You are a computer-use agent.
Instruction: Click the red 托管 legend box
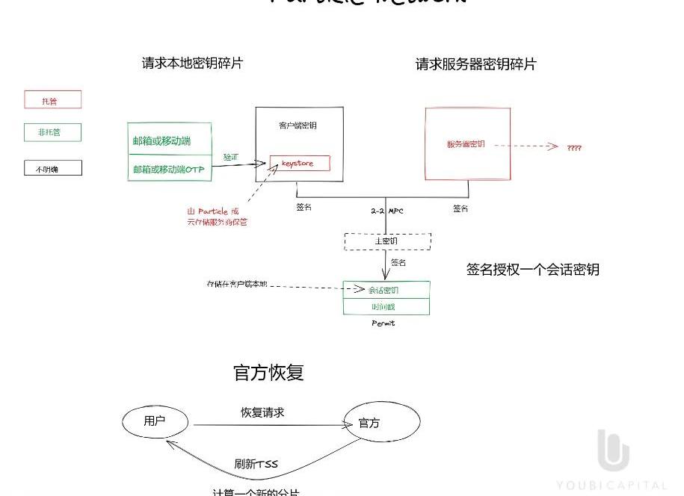click(x=52, y=100)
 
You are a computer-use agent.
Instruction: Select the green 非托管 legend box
click(x=52, y=133)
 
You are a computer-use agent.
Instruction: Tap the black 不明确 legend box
click(x=52, y=168)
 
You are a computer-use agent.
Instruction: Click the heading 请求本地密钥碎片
click(x=192, y=63)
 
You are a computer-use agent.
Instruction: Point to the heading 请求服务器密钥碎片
click(x=475, y=64)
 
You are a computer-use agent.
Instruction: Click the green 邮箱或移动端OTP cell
click(x=170, y=170)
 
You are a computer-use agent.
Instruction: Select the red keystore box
click(x=300, y=163)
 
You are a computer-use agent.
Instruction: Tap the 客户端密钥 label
click(x=298, y=125)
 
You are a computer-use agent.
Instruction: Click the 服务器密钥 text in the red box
click(x=466, y=144)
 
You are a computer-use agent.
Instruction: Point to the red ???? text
click(x=574, y=148)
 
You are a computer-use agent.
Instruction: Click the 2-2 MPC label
click(x=386, y=211)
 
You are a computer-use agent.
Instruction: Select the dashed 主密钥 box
click(x=387, y=241)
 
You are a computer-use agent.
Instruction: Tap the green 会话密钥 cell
click(x=386, y=289)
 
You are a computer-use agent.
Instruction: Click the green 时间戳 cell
click(x=386, y=306)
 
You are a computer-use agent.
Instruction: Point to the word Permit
click(x=383, y=323)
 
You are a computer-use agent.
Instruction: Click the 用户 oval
click(x=155, y=421)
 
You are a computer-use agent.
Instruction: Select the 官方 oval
click(x=380, y=423)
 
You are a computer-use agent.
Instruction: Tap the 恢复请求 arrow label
click(x=262, y=412)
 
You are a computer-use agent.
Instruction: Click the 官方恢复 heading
click(x=268, y=372)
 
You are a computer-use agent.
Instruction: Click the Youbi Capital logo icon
click(x=613, y=450)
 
